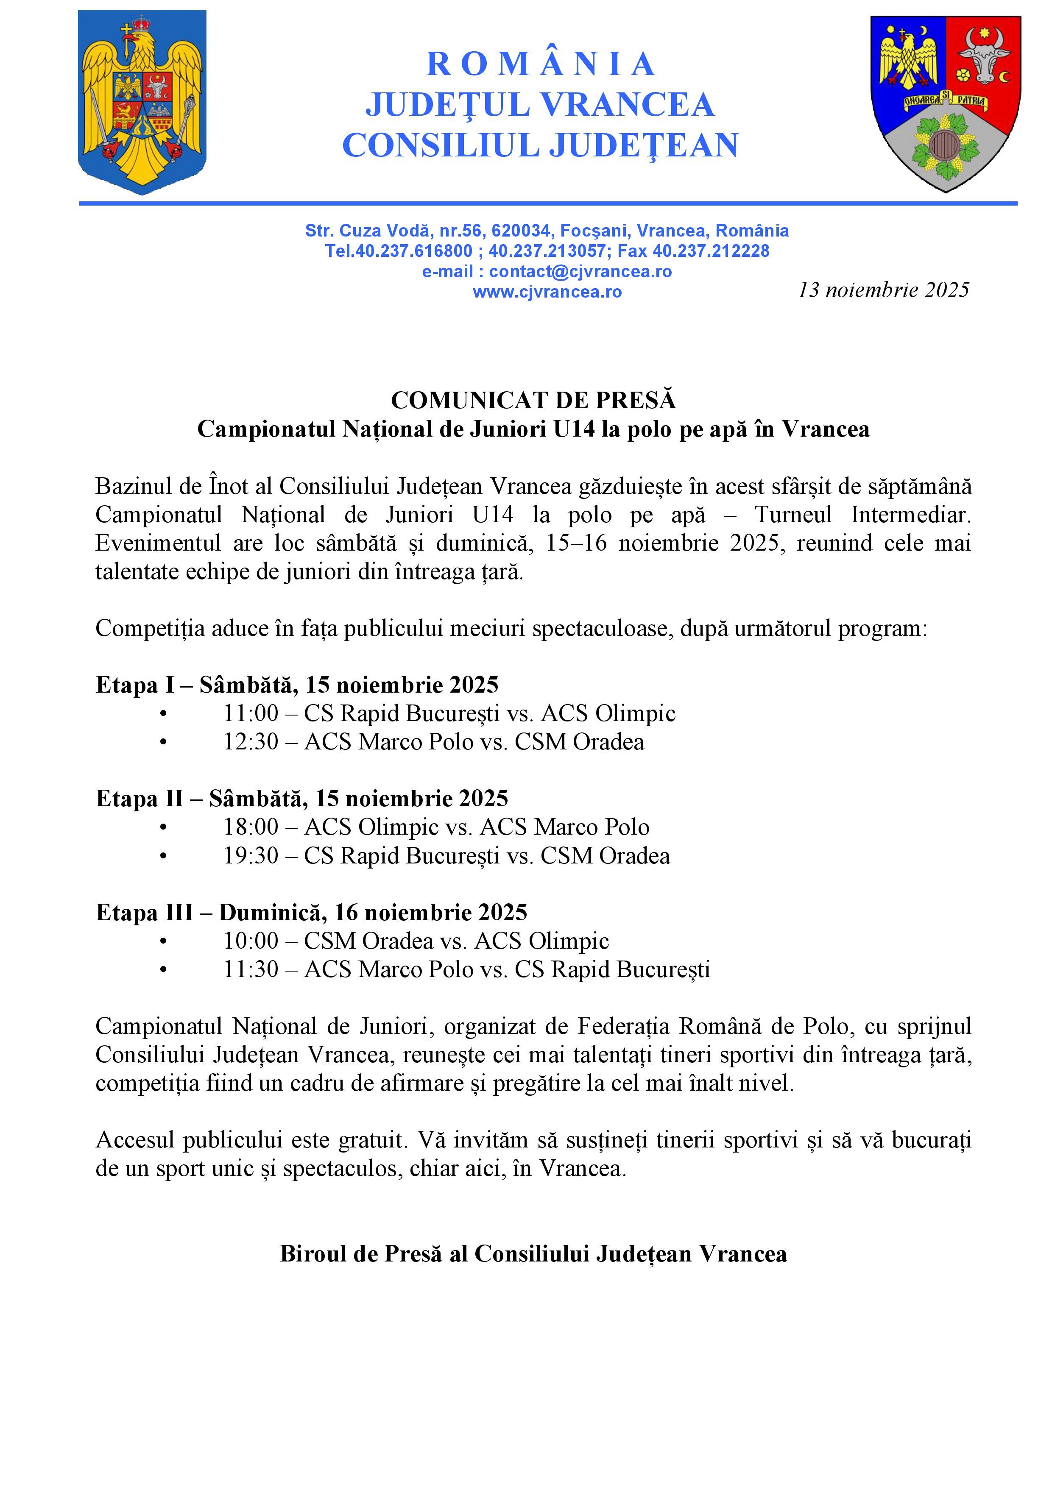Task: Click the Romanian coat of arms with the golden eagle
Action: click(x=142, y=102)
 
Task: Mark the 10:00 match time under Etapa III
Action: click(x=251, y=941)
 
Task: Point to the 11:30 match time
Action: click(x=251, y=969)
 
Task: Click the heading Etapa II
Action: click(x=139, y=799)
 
